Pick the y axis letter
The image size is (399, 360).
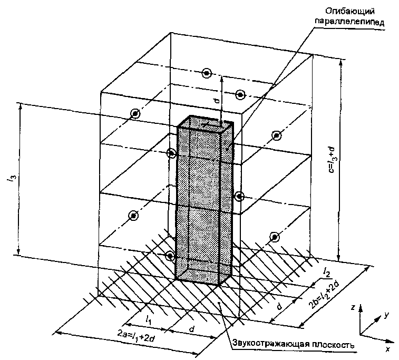point(386,315)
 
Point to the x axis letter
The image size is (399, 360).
point(387,348)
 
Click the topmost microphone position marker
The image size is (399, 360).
point(207,73)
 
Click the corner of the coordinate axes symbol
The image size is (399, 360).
point(361,333)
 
